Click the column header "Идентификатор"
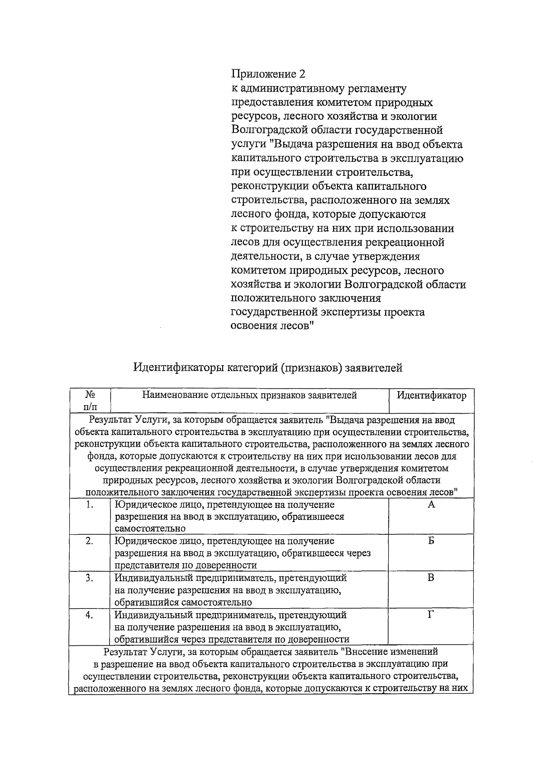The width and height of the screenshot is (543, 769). click(x=431, y=395)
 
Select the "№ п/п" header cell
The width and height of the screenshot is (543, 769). click(x=90, y=401)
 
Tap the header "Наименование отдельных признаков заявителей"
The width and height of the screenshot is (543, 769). click(x=249, y=395)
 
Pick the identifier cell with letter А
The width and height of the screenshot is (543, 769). click(x=431, y=505)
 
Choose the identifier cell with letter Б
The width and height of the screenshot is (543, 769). click(x=431, y=541)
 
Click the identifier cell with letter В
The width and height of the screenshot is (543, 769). click(x=431, y=578)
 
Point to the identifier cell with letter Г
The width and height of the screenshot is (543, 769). click(x=431, y=615)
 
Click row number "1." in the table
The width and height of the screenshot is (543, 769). click(x=90, y=505)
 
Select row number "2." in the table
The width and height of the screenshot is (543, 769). click(x=90, y=541)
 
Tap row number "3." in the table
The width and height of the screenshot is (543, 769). click(x=90, y=578)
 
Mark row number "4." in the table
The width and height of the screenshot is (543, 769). click(x=90, y=615)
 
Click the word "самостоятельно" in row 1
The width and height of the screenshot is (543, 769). click(x=150, y=528)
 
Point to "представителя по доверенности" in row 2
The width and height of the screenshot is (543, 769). click(x=186, y=566)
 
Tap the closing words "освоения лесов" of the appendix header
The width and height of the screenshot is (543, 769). click(x=270, y=326)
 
